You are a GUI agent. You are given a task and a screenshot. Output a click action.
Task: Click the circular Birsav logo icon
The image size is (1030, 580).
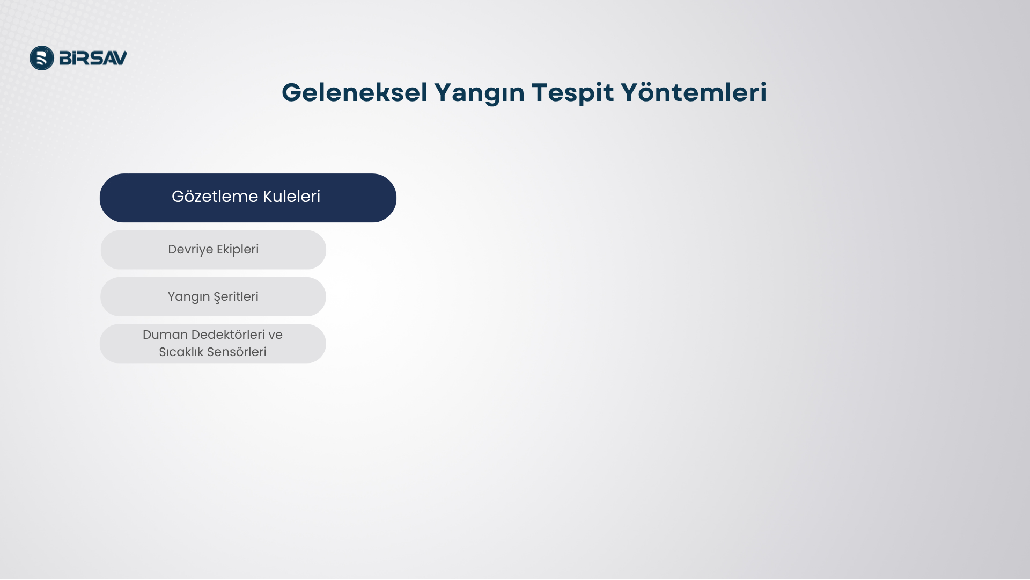42,58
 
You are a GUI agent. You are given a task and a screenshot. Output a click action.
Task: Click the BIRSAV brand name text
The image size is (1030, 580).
93,58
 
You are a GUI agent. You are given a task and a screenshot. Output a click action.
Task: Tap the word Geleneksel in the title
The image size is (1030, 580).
355,92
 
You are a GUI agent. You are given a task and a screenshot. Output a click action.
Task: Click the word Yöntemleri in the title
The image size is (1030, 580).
694,92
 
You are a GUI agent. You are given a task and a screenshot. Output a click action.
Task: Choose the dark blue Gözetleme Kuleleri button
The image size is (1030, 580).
248,198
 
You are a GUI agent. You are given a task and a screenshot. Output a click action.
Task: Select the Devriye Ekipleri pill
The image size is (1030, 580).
213,250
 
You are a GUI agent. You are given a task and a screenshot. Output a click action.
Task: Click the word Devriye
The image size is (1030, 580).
190,250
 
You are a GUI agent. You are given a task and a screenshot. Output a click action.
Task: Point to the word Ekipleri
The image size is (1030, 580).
238,250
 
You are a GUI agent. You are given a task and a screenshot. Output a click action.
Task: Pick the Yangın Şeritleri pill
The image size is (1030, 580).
213,296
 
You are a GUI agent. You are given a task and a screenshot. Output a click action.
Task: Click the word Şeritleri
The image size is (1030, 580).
236,297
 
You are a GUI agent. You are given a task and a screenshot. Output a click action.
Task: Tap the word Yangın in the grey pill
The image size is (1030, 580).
188,297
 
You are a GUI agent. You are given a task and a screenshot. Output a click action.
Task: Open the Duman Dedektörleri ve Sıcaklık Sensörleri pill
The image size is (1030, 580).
213,344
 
